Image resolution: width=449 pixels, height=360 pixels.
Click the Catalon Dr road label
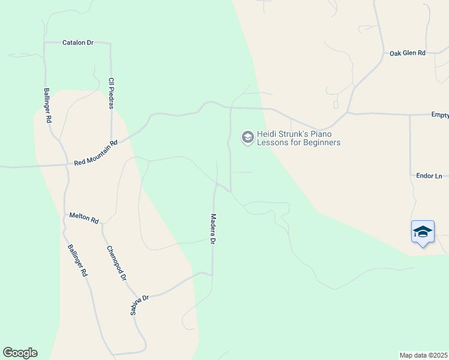tap(78, 43)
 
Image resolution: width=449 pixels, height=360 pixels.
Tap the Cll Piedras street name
tap(111, 92)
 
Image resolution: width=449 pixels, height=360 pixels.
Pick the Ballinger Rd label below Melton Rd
tap(77, 260)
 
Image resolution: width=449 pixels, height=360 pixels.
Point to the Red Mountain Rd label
tap(96, 153)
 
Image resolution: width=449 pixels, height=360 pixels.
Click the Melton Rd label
tap(83, 217)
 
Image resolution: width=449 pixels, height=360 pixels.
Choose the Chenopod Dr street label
tap(116, 263)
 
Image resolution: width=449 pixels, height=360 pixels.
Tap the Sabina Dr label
tap(139, 305)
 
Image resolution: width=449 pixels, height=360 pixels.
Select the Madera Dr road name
tap(212, 230)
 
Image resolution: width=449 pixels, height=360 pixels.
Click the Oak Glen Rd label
tap(407, 53)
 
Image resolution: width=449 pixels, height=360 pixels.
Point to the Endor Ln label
tap(429, 176)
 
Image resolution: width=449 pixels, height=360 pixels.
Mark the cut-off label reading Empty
tap(440, 114)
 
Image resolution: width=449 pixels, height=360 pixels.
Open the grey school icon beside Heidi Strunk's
tap(247, 138)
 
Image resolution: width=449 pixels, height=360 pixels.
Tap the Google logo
tap(20, 353)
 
